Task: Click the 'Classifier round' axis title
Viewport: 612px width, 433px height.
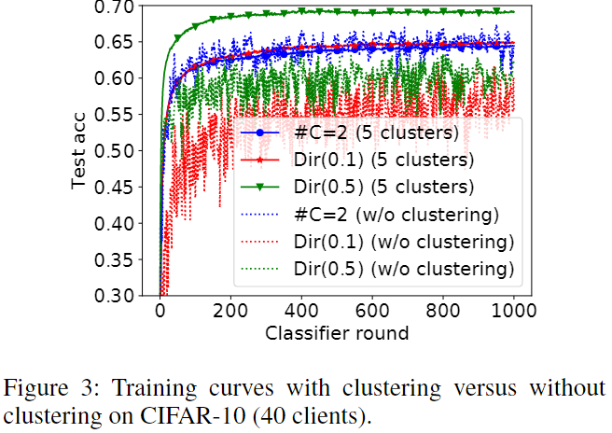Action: [337, 332]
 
